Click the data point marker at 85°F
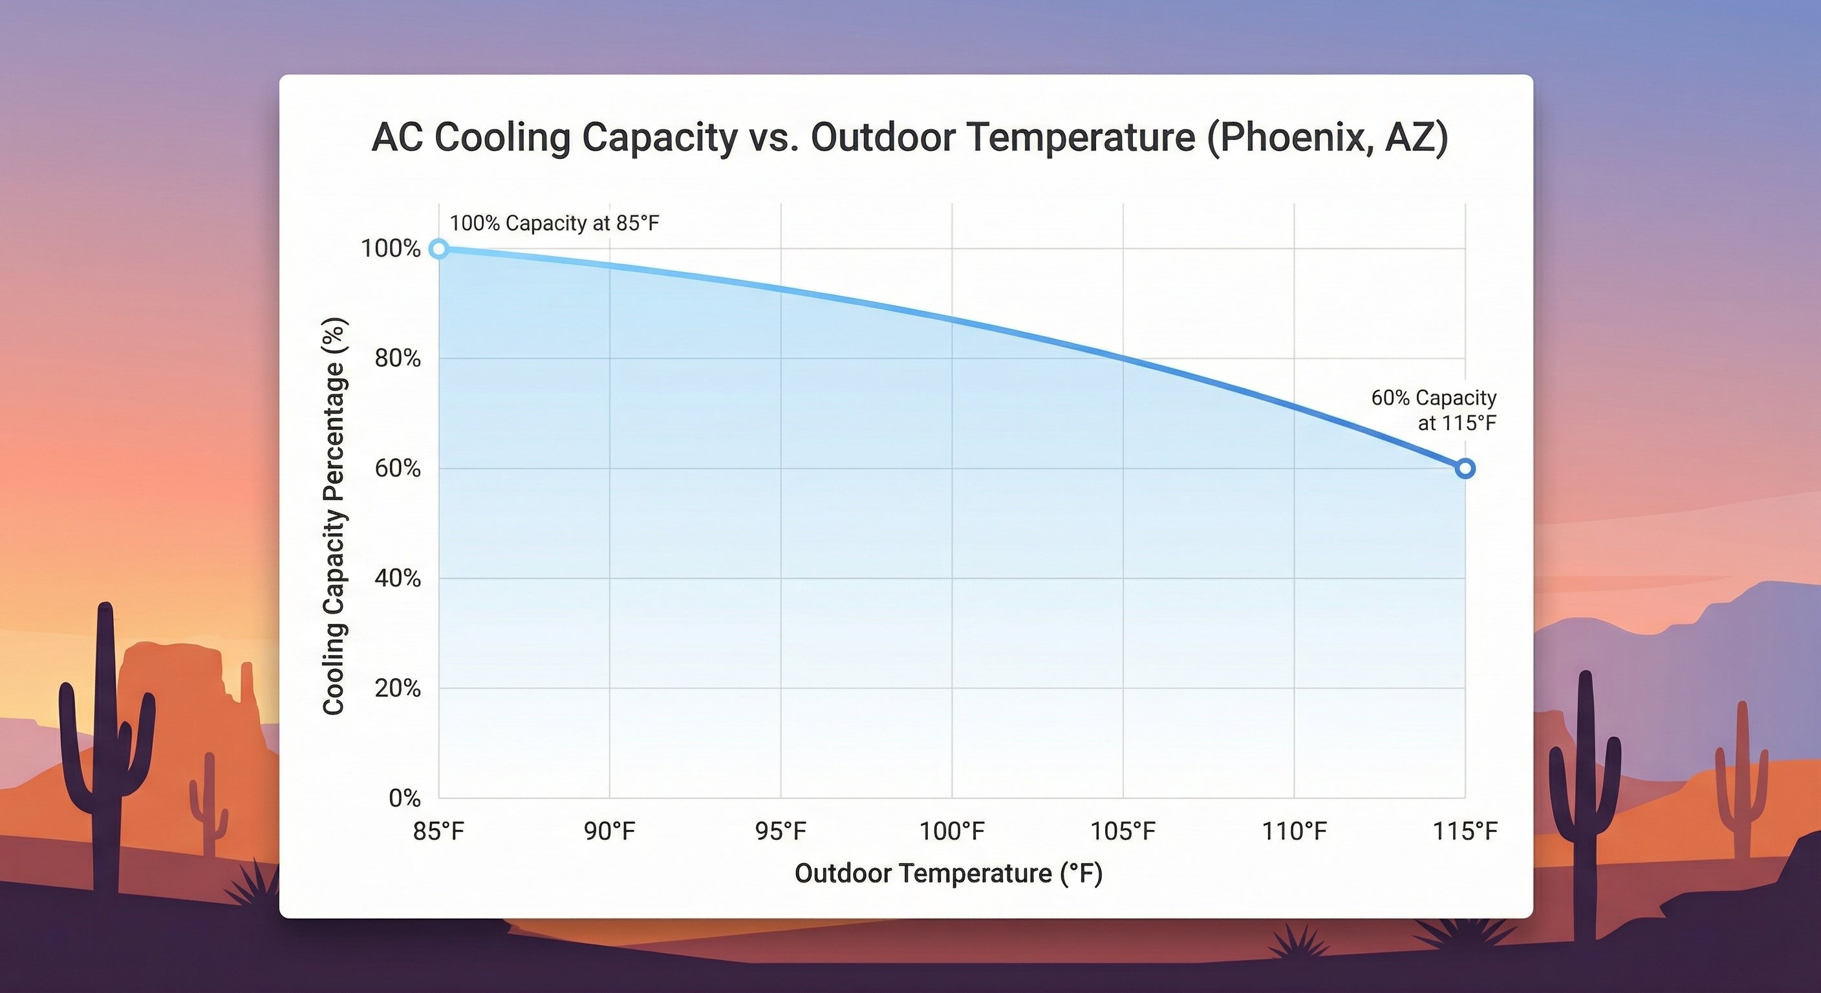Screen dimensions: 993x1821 click(x=438, y=249)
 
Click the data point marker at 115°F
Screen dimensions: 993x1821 click(x=1465, y=469)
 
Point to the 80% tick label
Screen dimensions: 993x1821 click(x=397, y=358)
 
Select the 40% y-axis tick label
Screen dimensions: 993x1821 click(x=397, y=578)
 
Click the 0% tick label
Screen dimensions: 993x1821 click(x=404, y=798)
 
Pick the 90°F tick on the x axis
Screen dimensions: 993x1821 click(x=609, y=831)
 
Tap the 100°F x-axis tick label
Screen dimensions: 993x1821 click(x=951, y=831)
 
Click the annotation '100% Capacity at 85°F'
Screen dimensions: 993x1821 click(x=554, y=223)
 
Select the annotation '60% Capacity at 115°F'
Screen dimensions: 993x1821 click(x=1434, y=410)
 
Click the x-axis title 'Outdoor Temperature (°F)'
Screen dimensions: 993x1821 click(x=949, y=873)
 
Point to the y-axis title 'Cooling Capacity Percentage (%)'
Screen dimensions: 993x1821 click(x=334, y=516)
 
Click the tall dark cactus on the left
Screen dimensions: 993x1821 click(x=106, y=742)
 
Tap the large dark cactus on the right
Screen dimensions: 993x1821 click(x=1585, y=791)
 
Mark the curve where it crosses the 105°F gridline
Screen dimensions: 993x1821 click(x=1123, y=358)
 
